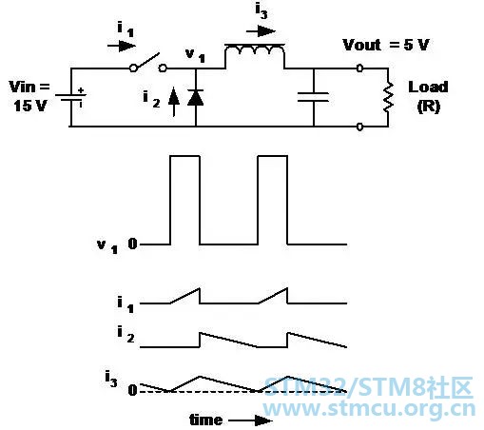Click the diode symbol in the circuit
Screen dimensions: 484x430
coord(195,97)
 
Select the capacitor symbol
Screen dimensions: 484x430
coord(313,97)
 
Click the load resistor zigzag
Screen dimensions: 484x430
coord(388,97)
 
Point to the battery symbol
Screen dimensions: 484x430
coord(70,97)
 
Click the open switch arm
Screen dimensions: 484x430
coord(148,62)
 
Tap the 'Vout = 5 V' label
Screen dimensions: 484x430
coord(386,45)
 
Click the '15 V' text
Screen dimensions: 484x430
coord(29,106)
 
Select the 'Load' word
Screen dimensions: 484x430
coord(428,88)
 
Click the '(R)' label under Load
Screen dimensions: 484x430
coord(429,107)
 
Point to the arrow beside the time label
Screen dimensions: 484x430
coord(250,420)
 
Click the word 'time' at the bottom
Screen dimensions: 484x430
coord(205,420)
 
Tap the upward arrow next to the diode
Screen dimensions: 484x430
coord(174,102)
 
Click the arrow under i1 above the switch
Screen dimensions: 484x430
coord(122,46)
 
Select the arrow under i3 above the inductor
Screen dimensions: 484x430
coord(261,31)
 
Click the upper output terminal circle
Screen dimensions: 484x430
coord(359,68)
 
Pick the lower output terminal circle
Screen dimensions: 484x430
coord(359,127)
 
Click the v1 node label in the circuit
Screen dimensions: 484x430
coord(195,55)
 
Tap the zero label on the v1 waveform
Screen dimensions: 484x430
coord(132,244)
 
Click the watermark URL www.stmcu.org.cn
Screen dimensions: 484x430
coord(369,409)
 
